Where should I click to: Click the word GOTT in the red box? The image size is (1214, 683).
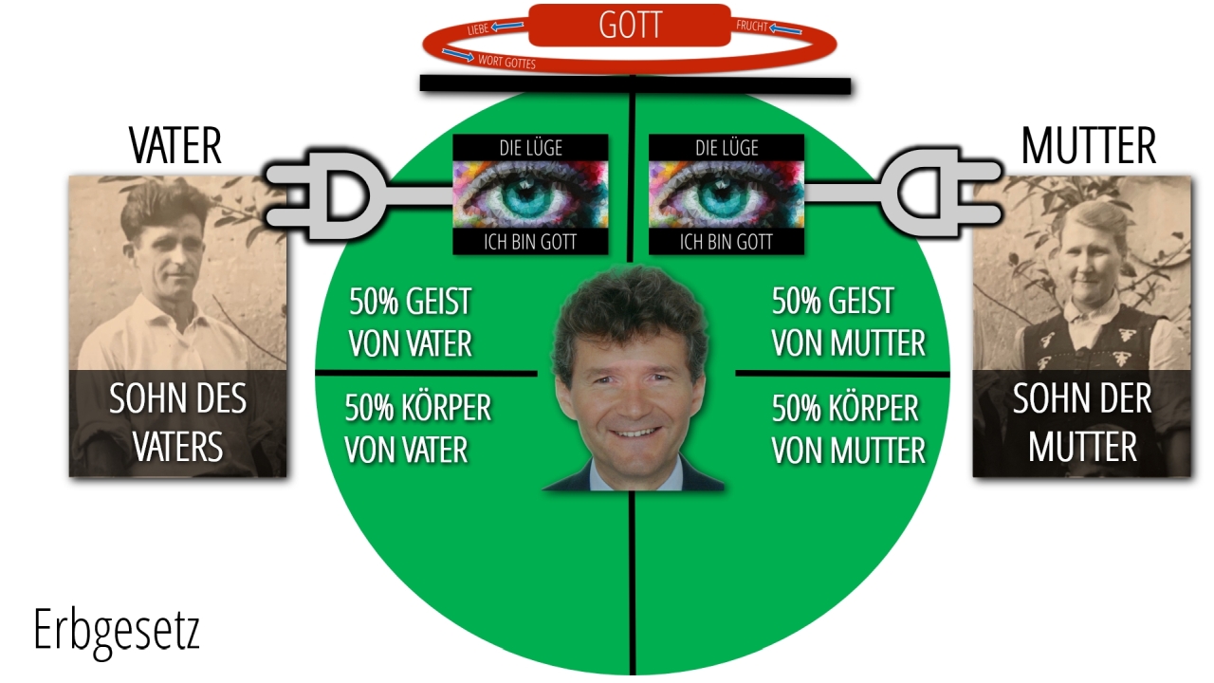pos(631,25)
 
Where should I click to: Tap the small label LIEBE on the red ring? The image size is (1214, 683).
pos(478,29)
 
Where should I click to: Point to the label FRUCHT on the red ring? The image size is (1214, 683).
pos(752,26)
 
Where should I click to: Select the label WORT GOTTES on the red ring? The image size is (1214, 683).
pos(506,63)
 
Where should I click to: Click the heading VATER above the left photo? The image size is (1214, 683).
pos(175,145)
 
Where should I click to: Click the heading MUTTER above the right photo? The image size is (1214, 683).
pos(1089,145)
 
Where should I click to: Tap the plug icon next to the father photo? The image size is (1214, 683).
pos(358,195)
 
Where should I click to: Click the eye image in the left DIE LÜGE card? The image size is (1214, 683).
pos(530,194)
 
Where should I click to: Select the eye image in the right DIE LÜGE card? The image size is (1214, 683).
pos(727,194)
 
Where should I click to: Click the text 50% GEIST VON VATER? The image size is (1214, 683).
pos(411,323)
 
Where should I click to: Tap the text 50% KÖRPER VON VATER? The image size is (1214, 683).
pos(417,429)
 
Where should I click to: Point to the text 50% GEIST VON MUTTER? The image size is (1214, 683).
pos(849,322)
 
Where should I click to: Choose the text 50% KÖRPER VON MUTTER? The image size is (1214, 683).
pos(849,429)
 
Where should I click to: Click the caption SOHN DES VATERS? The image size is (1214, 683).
pos(177,422)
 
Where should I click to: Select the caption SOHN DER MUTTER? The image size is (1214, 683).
pos(1082,422)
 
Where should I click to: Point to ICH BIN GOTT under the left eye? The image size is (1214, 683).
pos(530,242)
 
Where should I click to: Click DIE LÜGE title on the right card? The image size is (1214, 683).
pos(727,147)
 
